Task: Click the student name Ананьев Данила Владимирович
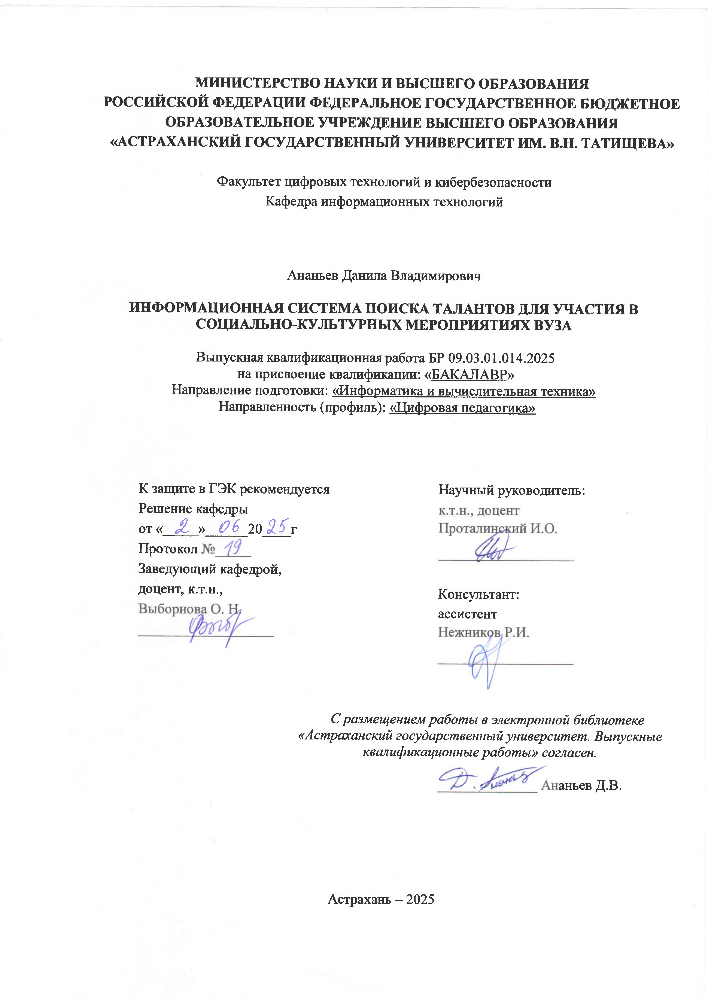coord(384,275)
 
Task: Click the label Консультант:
coord(478,594)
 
